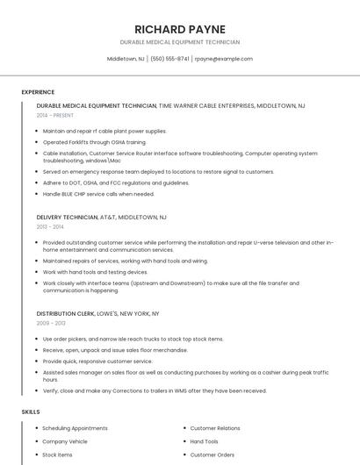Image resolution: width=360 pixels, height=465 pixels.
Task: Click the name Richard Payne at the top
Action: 180,29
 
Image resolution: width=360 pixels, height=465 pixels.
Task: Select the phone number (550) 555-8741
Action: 169,59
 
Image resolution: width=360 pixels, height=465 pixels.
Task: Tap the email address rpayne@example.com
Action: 224,59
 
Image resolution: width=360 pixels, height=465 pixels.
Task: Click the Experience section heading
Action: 38,92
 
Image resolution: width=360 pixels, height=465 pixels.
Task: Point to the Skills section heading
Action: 31,411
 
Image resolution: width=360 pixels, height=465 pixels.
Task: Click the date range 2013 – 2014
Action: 51,226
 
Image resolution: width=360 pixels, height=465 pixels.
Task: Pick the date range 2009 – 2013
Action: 51,323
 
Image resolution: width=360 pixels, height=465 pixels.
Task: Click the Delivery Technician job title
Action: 68,217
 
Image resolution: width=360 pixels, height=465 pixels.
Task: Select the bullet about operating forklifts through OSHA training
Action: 95,141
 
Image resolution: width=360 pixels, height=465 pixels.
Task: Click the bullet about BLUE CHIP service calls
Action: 98,194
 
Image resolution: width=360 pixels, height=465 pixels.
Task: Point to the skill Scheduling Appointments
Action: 76,427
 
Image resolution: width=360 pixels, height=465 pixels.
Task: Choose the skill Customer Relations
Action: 215,427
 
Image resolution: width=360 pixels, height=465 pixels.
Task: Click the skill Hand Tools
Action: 205,441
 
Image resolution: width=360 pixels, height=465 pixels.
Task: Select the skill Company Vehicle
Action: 65,441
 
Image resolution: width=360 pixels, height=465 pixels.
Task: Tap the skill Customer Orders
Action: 212,455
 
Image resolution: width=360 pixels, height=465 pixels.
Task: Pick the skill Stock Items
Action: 57,455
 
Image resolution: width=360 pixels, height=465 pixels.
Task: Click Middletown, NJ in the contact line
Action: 126,59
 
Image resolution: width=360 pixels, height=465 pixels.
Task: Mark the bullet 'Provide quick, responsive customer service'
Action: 97,361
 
